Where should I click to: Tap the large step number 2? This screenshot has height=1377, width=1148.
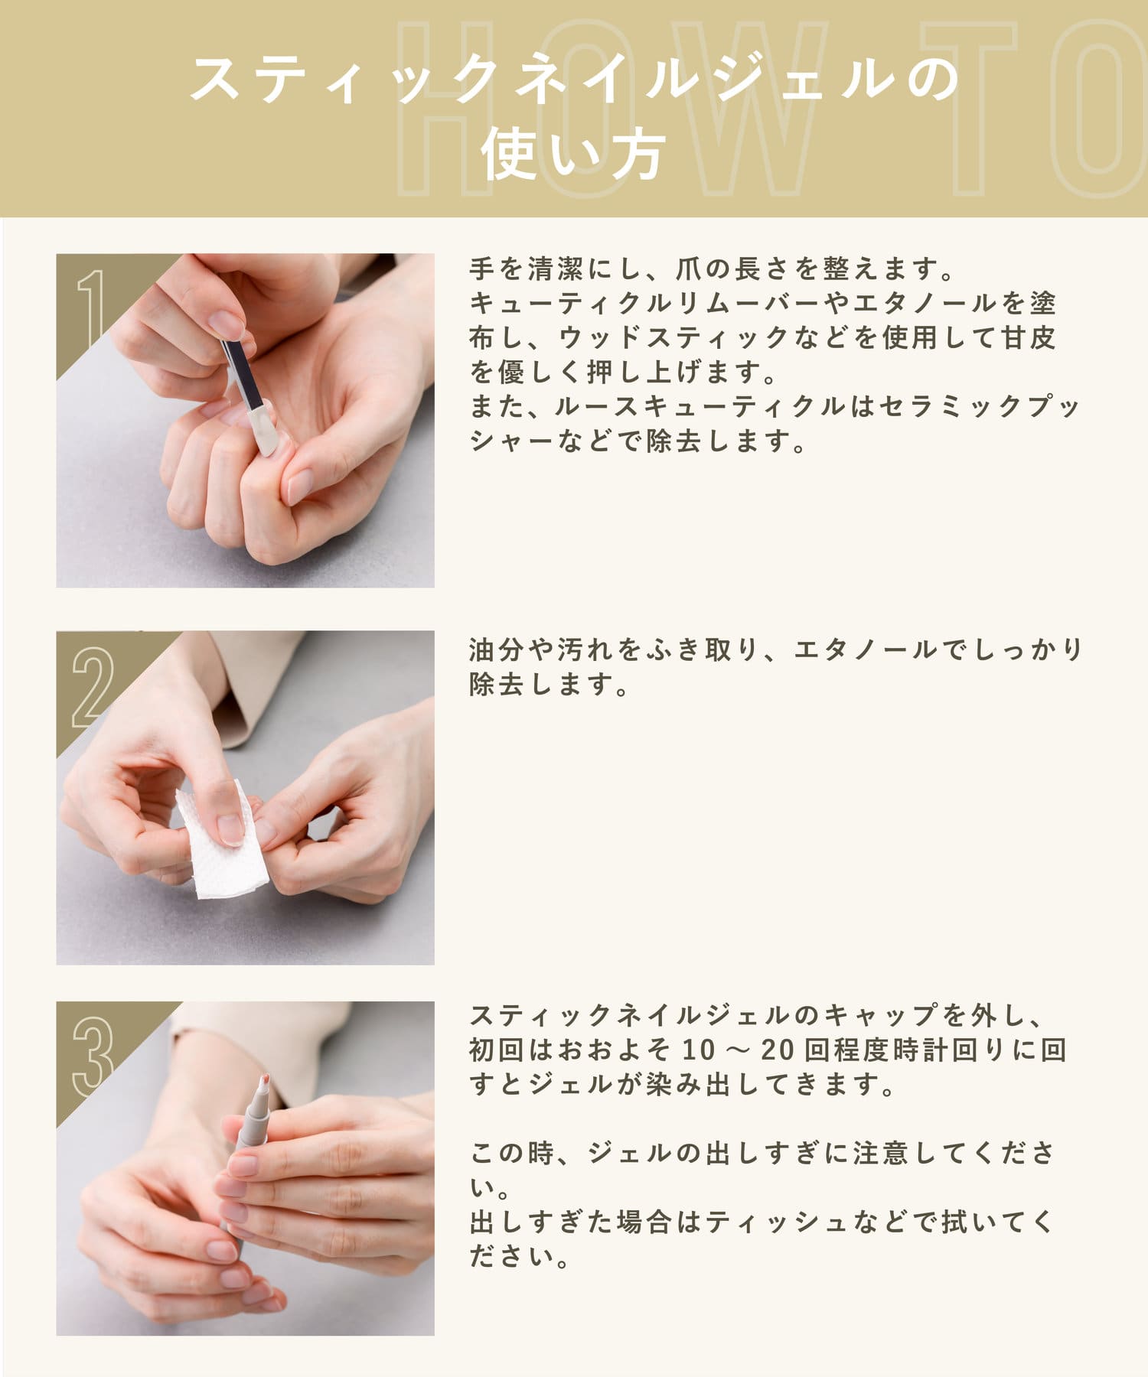pos(93,687)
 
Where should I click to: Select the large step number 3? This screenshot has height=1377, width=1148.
pos(93,1056)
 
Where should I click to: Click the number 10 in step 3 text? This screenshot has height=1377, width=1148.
pos(698,1050)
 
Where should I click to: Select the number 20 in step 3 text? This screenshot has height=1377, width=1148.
pos(778,1050)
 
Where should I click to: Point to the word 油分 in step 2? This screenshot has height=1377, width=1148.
pos(497,649)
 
